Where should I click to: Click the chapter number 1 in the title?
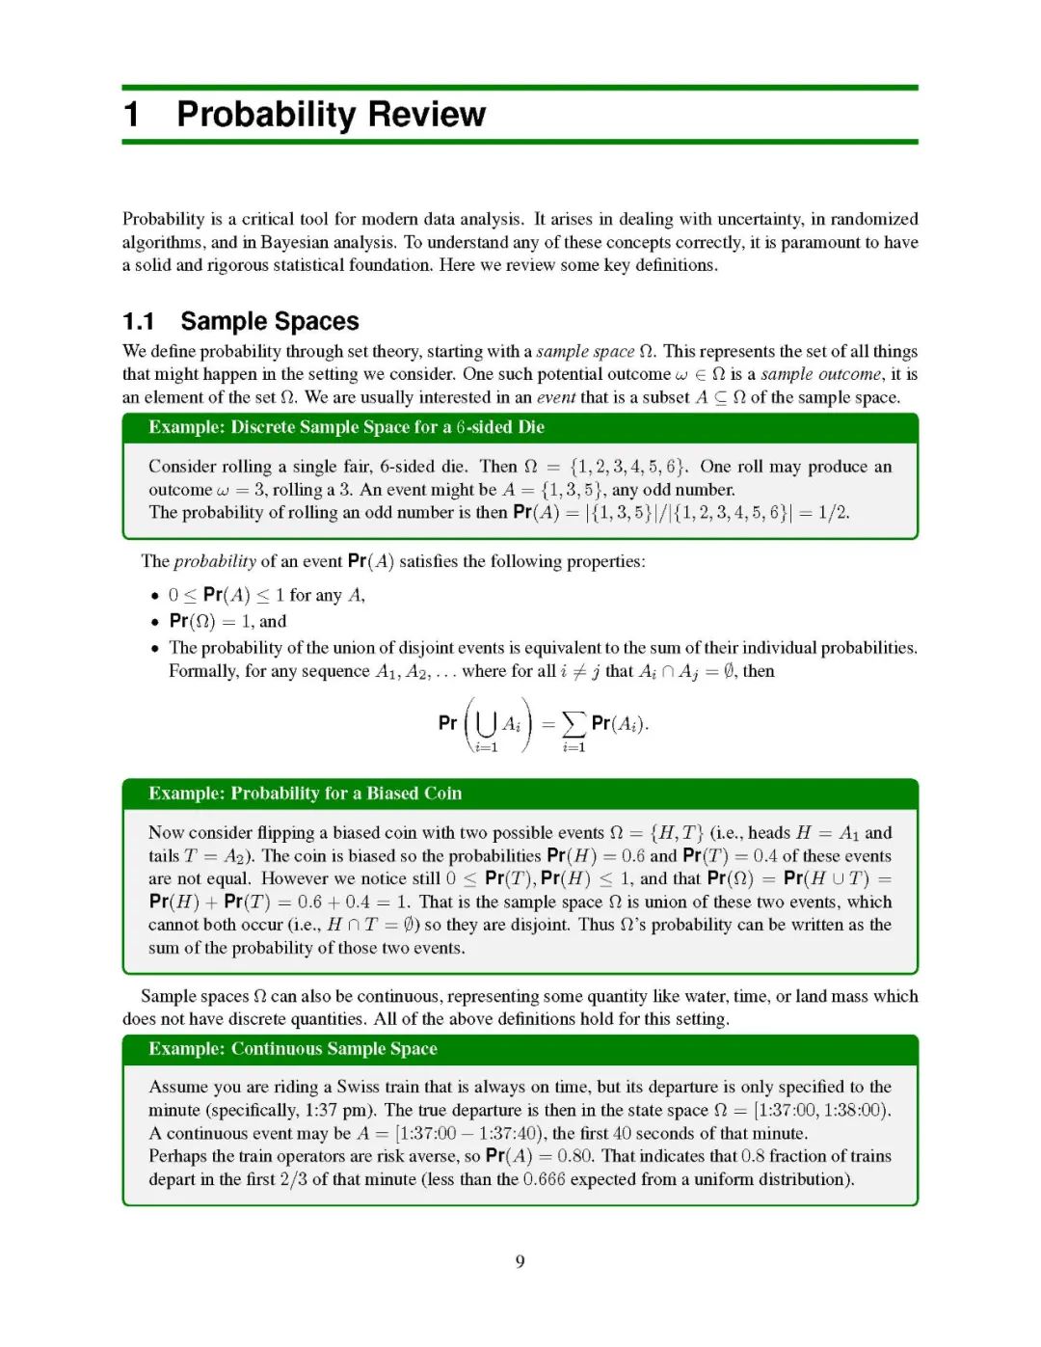tap(132, 115)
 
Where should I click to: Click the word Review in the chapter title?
tap(426, 115)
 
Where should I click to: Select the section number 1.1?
tap(138, 321)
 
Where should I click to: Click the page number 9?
tap(520, 1261)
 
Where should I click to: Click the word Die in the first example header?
tap(531, 427)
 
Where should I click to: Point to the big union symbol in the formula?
tap(487, 722)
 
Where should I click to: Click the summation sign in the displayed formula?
tap(574, 722)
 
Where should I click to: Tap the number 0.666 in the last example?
tap(545, 1179)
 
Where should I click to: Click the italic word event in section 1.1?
tap(556, 397)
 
